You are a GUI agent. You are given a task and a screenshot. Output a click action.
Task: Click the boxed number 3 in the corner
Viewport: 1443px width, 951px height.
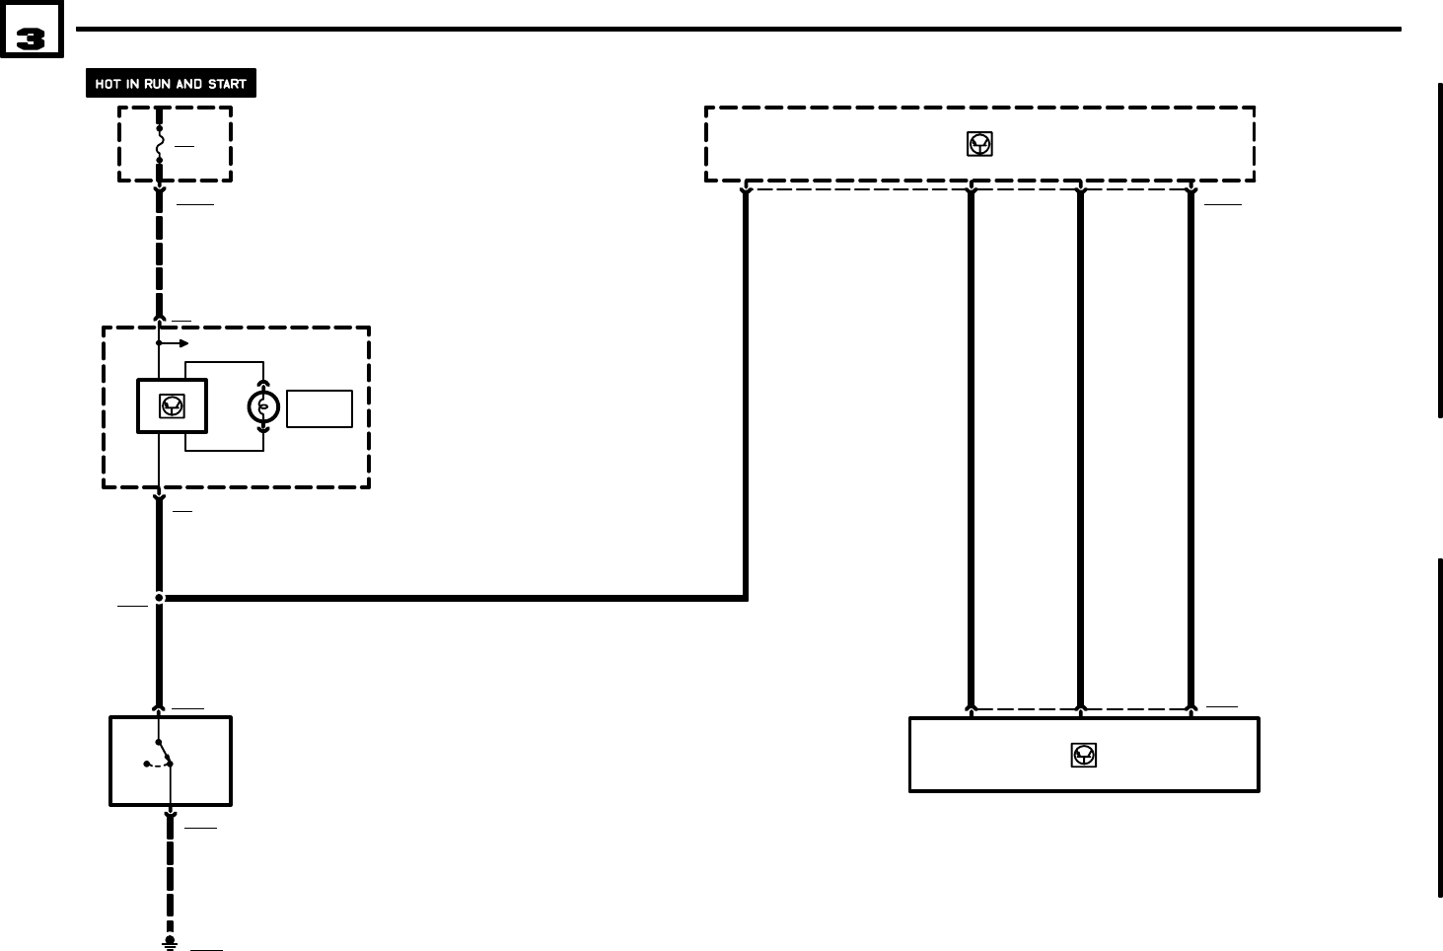(31, 38)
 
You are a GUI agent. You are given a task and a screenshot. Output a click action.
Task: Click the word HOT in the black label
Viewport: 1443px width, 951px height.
(108, 84)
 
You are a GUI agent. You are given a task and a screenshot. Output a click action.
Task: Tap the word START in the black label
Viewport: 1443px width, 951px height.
(227, 84)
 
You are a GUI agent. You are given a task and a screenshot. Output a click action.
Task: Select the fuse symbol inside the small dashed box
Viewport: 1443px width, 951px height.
(159, 144)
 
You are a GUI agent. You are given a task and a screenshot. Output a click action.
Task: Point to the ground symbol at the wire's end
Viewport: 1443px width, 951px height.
(170, 943)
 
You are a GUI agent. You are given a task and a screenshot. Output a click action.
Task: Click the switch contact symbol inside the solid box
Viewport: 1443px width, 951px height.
(160, 761)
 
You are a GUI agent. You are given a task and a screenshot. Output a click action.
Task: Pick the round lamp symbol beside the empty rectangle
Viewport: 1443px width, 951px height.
(263, 406)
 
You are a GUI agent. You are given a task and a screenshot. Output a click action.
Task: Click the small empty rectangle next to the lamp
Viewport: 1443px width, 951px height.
(320, 408)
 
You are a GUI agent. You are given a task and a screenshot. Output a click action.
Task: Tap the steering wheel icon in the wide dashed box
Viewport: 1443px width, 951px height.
(978, 144)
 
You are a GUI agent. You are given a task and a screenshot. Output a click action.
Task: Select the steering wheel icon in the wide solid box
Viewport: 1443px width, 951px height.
(1084, 755)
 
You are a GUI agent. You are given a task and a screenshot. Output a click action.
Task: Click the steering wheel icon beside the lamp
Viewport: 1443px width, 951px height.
(172, 405)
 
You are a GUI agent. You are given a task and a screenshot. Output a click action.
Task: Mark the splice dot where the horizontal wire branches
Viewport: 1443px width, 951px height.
(159, 597)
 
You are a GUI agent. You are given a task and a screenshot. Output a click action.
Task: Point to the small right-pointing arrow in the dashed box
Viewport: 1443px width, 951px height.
(176, 343)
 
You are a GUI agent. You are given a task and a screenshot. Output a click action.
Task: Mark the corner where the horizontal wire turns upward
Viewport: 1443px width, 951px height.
(745, 597)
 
